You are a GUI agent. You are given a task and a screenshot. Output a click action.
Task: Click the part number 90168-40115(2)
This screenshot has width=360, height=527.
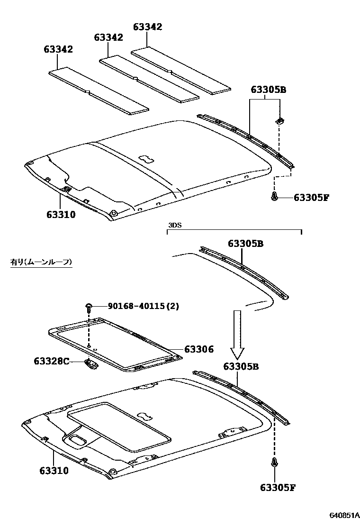tap(144, 307)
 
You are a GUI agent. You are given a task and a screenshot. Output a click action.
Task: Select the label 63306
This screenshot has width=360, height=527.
tap(199, 350)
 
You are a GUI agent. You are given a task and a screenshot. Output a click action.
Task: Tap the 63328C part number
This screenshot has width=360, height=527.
tap(51, 362)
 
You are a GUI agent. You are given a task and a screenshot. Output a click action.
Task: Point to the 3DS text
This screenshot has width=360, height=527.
tap(174, 225)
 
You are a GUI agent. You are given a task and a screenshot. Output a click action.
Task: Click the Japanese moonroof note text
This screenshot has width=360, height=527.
tap(41, 262)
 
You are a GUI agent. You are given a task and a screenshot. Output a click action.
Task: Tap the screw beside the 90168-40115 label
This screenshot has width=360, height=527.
tap(89, 308)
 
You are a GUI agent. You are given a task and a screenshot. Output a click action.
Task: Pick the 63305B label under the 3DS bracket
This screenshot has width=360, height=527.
tap(245, 244)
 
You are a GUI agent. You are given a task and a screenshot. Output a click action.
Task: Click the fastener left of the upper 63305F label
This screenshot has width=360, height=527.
tap(274, 197)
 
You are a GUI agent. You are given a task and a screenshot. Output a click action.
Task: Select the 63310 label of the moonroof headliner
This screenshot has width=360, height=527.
tap(54, 471)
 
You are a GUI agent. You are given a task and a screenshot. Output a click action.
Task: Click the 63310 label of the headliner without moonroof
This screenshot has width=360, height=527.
tap(61, 215)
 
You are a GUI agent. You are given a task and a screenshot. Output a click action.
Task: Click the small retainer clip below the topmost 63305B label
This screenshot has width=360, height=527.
tap(279, 121)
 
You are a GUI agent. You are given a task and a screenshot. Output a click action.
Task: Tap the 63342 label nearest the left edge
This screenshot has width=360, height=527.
tap(58, 49)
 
